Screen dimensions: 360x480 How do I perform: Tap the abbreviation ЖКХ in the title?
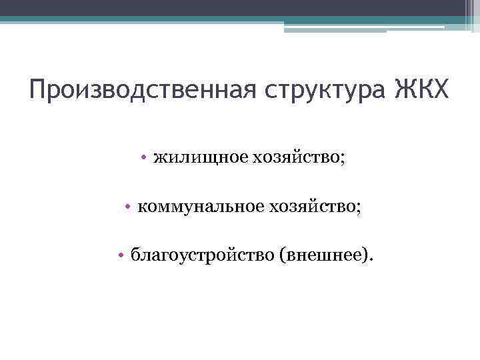[x=423, y=89]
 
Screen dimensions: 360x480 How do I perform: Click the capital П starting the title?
[x=38, y=89]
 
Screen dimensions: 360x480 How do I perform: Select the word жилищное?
[x=200, y=157]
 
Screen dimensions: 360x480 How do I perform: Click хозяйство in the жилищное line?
[x=296, y=157]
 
